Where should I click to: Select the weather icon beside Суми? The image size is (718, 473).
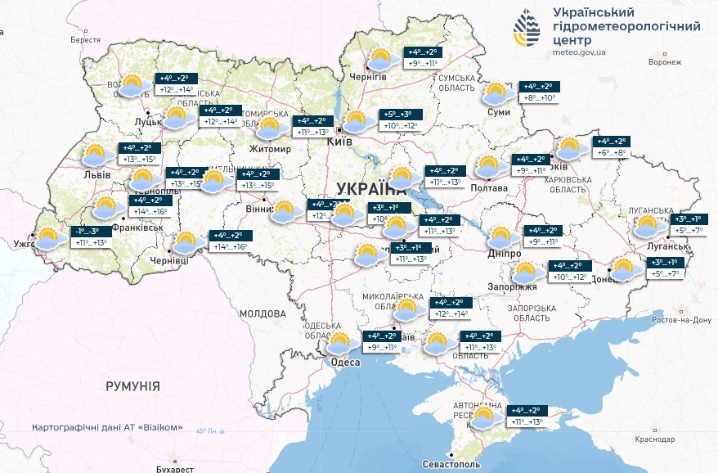497,93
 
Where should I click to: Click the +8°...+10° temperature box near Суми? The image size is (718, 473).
538,98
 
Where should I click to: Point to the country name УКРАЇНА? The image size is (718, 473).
365,189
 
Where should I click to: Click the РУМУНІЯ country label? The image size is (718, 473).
132,385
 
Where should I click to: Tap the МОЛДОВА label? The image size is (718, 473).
263,313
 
